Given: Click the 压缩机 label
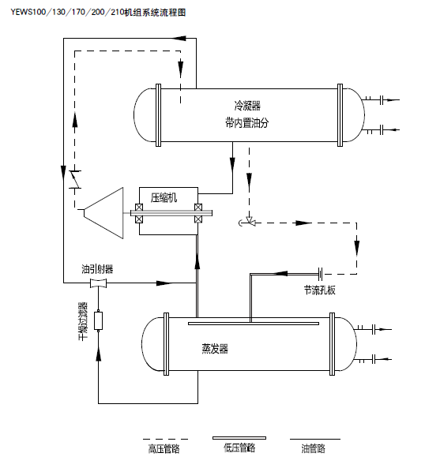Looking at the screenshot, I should [x=164, y=197].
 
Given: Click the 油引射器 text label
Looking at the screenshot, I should [x=96, y=268].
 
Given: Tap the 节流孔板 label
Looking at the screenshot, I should [x=319, y=290].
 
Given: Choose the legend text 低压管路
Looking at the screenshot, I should [x=239, y=448].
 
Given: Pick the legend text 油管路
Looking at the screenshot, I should [x=313, y=449].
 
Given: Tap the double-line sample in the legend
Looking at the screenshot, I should [x=239, y=437].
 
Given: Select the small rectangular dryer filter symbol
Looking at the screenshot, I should [x=99, y=320].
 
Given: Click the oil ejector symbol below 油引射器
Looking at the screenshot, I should [x=99, y=283].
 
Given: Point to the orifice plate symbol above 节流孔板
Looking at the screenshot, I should [x=320, y=273].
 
